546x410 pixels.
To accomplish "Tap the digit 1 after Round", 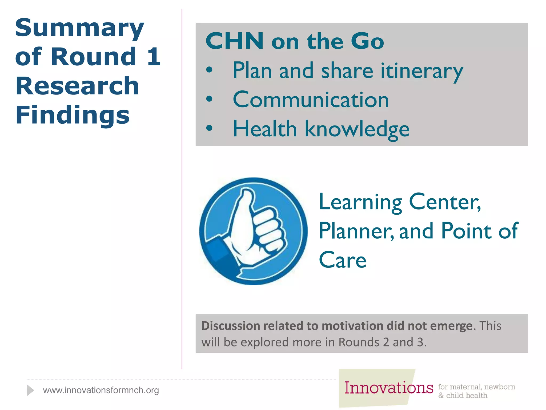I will (154, 57).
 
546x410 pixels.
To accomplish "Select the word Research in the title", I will (77, 86).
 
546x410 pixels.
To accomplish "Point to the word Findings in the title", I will (73, 115).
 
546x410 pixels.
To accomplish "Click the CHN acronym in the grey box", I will (235, 41).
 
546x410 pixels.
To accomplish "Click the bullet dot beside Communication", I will (210, 99).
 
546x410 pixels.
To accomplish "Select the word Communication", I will (311, 100).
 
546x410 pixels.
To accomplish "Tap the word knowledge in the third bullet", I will (357, 129).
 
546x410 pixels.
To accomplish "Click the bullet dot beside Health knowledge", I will (210, 128).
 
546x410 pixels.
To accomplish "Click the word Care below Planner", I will (343, 260).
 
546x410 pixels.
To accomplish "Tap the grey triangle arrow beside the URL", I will (30, 390).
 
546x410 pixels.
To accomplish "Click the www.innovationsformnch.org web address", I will (101, 390).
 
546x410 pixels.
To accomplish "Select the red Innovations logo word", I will (389, 388).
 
